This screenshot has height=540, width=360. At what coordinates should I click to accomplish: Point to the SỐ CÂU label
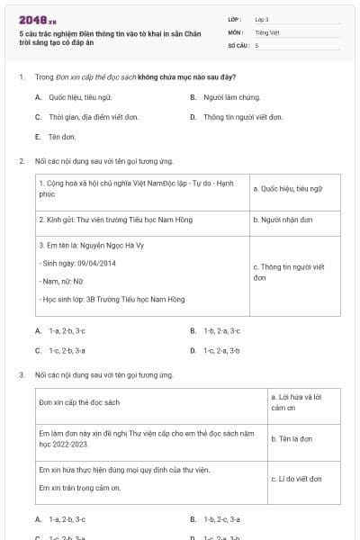(238, 44)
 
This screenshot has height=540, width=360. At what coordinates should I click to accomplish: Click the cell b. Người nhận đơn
(283, 219)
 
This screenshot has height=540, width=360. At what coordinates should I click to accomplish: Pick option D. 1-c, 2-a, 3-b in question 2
(221, 350)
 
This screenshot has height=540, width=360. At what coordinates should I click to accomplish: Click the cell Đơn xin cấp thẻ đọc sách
(79, 402)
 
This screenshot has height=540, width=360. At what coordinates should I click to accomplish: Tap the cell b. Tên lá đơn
(292, 438)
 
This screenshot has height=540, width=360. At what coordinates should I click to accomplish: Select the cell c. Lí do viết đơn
(296, 479)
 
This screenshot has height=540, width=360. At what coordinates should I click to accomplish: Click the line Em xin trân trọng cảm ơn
(80, 488)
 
